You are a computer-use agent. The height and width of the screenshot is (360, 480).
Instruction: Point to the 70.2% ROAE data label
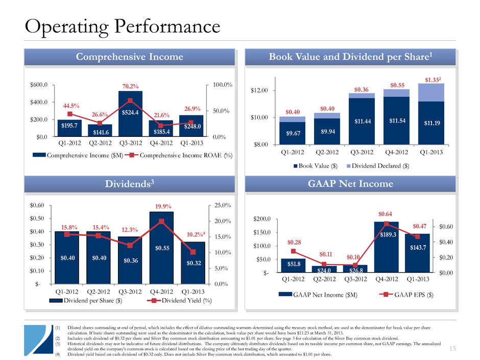(130, 86)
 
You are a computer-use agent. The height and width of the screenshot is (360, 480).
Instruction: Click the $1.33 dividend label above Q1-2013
(431, 79)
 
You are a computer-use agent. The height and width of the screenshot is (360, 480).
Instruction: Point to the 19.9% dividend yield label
(161, 207)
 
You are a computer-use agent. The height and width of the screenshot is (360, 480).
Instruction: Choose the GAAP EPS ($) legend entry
(407, 295)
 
